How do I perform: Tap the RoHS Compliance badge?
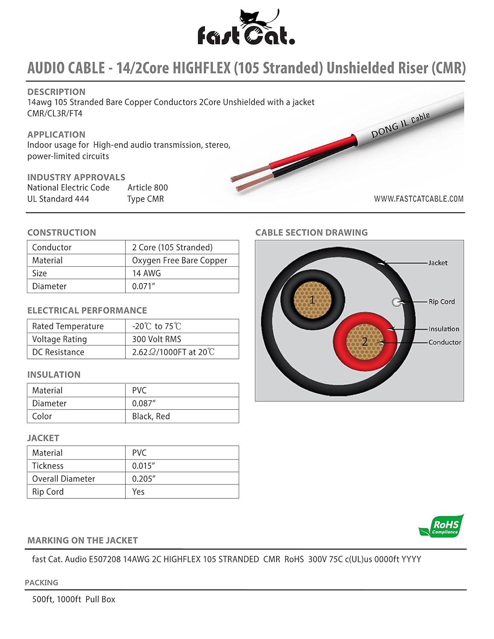coord(442,527)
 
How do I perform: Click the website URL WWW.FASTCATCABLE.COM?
coord(419,199)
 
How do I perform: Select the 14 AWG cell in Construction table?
coord(146,273)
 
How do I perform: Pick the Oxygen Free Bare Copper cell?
coord(179,260)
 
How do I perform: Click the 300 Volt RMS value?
coord(156,339)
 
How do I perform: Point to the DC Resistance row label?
coord(58,352)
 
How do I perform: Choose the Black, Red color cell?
coord(151,416)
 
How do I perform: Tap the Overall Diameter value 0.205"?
coord(144,479)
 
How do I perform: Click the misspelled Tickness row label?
coord(48,466)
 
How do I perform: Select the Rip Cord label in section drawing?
coord(442,302)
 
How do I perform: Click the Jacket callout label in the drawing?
coord(438,263)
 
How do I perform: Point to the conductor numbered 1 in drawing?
coord(312,300)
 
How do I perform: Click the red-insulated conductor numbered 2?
coord(365,341)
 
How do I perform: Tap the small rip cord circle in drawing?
coord(396,302)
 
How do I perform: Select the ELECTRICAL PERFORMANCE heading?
coord(87,311)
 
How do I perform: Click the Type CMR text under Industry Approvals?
coord(145,199)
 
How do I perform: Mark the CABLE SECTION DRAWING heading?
coord(311,233)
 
